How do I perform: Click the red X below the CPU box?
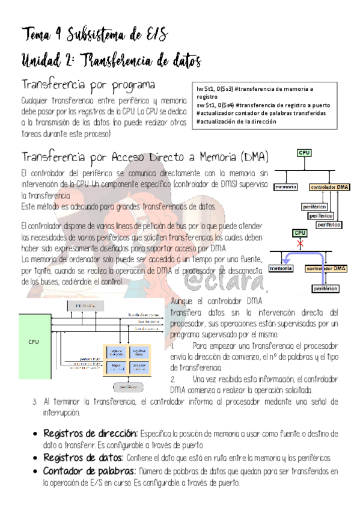(x=299, y=244)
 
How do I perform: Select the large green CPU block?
(x=35, y=342)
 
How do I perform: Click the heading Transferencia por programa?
(x=88, y=84)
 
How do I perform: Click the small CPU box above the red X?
(x=299, y=232)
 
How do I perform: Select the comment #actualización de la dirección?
(x=237, y=120)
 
